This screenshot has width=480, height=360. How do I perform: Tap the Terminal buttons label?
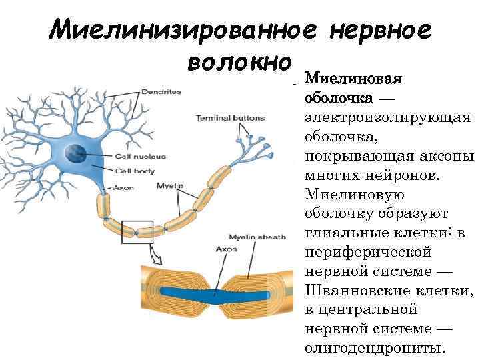[229, 118]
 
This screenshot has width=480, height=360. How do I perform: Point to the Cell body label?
[130, 171]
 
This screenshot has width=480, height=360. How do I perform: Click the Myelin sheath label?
[256, 237]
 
